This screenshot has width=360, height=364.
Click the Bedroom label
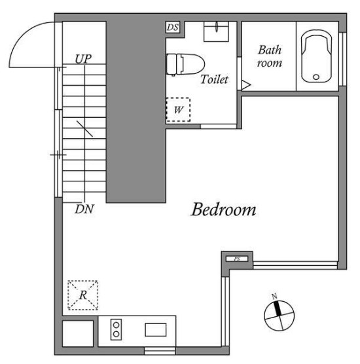click(223, 209)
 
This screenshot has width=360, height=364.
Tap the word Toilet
click(214, 79)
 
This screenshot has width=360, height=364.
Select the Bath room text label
click(270, 56)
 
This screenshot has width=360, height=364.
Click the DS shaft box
click(173, 27)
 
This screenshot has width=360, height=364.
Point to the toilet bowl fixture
click(185, 65)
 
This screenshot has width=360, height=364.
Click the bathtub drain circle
click(316, 77)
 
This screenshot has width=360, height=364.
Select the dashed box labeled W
click(178, 109)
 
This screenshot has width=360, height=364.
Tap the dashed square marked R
click(83, 295)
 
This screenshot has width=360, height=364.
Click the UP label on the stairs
click(83, 59)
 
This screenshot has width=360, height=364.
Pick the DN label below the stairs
click(84, 209)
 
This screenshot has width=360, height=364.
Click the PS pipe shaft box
click(237, 259)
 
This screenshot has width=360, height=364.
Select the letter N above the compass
click(275, 296)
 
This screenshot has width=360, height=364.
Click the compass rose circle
click(279, 316)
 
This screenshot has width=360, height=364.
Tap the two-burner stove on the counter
click(116, 329)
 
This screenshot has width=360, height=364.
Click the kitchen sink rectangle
click(156, 330)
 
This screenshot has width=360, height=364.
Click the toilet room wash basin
click(216, 31)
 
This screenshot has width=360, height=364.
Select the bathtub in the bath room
click(316, 56)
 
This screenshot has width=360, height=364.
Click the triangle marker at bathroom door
click(246, 85)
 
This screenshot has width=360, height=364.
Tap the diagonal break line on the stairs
click(84, 129)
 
